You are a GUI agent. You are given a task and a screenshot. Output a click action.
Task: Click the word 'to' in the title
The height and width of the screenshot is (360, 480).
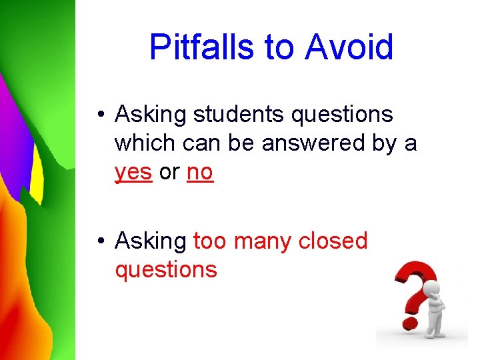point(279,47)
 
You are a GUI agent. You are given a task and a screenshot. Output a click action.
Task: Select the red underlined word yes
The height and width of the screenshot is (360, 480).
point(133,172)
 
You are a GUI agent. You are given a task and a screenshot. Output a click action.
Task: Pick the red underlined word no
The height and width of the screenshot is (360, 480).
point(200,172)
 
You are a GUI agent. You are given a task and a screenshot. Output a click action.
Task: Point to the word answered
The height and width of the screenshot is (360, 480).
point(311,143)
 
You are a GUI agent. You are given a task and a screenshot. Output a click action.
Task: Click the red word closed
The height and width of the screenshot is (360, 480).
point(333,241)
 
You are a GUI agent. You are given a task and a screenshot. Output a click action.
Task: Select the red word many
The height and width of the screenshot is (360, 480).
point(262,241)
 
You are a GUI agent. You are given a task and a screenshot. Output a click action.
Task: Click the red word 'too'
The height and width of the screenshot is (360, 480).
point(209,241)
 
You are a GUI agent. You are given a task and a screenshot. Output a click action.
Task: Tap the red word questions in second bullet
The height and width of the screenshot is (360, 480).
point(166,270)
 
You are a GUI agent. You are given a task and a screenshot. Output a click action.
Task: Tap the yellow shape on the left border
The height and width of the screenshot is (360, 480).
point(37,177)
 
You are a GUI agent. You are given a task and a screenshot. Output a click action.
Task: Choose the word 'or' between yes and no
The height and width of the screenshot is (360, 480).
point(169,172)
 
